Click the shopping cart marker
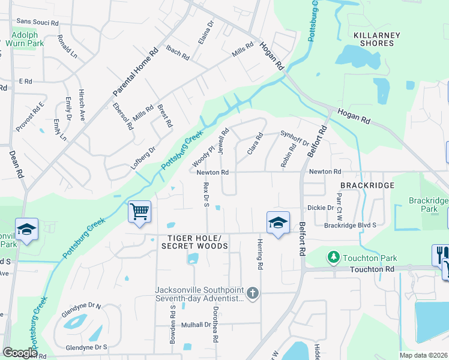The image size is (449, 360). click(x=139, y=212)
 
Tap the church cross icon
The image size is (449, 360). click(x=253, y=293)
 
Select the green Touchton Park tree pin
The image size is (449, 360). click(x=333, y=257)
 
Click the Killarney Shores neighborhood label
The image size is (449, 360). click(x=377, y=39)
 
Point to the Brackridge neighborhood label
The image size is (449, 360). click(x=367, y=186)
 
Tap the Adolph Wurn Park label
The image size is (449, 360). click(x=28, y=40)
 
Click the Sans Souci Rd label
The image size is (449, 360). click(x=37, y=22)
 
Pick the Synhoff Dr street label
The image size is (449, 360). click(x=295, y=139)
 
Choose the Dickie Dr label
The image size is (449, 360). click(x=321, y=208)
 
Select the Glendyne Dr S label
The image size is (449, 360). click(x=86, y=347)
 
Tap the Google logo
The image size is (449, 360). click(x=20, y=353)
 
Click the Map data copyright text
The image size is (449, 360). click(x=423, y=355)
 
